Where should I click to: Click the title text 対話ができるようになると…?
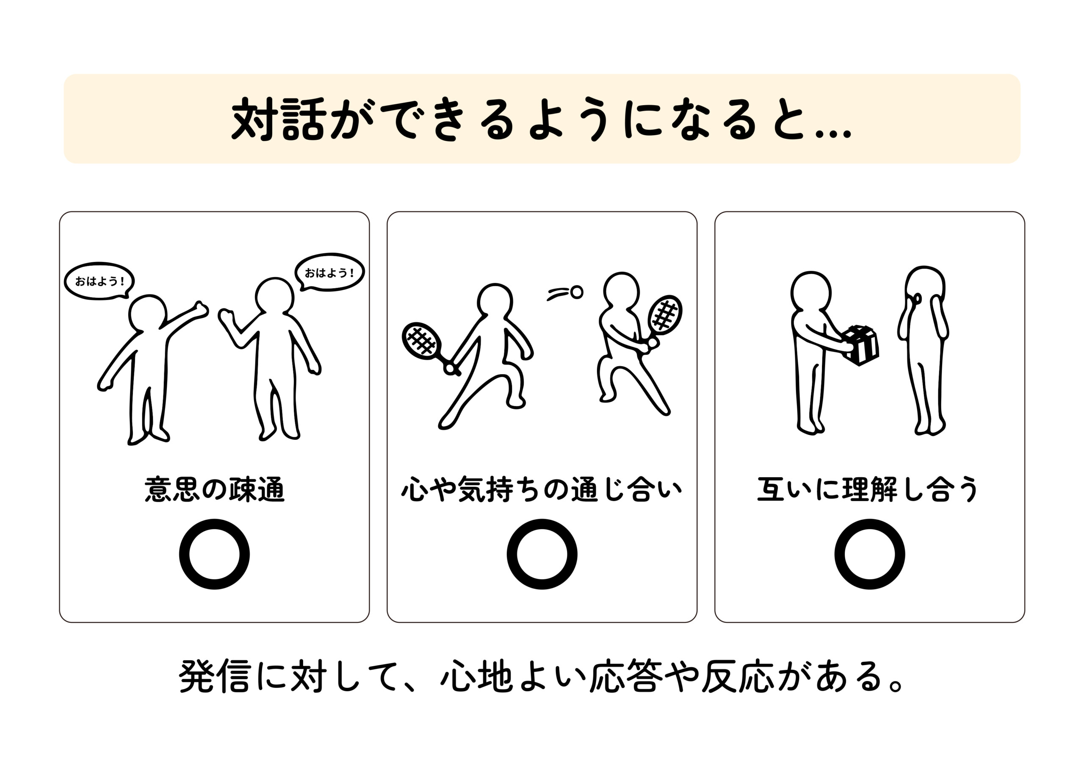click(x=541, y=119)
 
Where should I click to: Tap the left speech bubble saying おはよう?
click(x=99, y=281)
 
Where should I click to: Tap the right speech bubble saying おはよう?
click(x=329, y=272)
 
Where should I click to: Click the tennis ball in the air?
click(x=576, y=292)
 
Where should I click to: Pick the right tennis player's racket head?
click(x=665, y=314)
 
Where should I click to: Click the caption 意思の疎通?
click(x=214, y=489)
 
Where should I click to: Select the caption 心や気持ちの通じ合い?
click(x=542, y=489)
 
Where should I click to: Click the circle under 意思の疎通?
click(x=214, y=554)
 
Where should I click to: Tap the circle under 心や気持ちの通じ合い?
click(x=542, y=554)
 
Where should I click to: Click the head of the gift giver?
click(x=810, y=291)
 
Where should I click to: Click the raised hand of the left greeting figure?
click(x=201, y=309)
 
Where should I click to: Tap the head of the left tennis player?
click(x=494, y=300)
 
